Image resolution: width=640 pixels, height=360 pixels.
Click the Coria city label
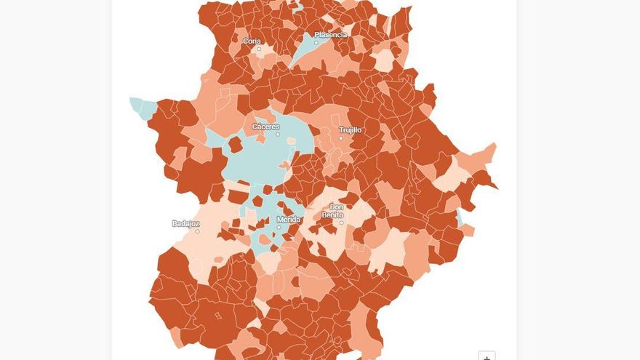[252, 41]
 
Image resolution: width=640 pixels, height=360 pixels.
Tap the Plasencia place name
[330, 34]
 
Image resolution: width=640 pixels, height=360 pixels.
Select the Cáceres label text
[265, 127]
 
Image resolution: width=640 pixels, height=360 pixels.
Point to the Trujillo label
[350, 130]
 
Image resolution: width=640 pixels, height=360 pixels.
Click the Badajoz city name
[185, 223]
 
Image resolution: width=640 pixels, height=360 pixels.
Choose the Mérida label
[288, 219]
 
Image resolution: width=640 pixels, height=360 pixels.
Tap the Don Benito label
[332, 211]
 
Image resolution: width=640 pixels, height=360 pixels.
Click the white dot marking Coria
[258, 49]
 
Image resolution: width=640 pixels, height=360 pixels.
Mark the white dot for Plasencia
[316, 42]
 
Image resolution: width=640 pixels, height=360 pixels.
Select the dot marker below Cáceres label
[277, 135]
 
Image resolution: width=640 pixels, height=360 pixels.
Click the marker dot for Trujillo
[340, 137]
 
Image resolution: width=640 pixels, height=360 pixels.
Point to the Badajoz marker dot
[197, 231]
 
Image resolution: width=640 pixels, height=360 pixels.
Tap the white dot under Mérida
[278, 227]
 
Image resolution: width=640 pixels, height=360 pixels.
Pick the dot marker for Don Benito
[341, 223]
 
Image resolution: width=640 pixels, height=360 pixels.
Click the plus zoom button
[487, 356]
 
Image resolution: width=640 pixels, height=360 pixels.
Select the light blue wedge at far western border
[140, 107]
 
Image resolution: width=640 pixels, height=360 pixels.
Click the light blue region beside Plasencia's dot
[305, 52]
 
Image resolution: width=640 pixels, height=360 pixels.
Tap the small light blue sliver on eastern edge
[460, 217]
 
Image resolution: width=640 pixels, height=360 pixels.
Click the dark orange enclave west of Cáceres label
[235, 145]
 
